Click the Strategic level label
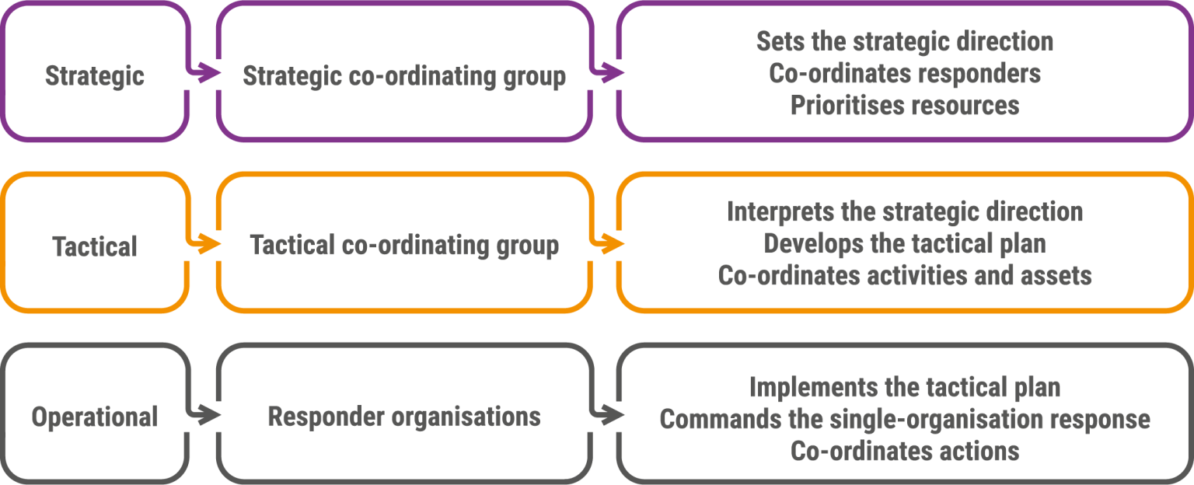pos(95,75)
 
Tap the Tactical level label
pos(95,246)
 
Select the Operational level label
pos(95,417)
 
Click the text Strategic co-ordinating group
pos(404,75)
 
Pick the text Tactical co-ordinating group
pos(404,245)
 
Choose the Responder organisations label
pos(404,417)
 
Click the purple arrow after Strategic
pos(203,72)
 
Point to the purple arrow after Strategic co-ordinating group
pos(606,72)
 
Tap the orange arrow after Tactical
pos(203,243)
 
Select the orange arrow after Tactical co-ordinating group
pos(606,243)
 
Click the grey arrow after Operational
pos(203,414)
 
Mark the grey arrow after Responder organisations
pos(606,414)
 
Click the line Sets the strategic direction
pos(905,41)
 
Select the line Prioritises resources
pos(905,105)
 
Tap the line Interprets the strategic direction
pos(905,212)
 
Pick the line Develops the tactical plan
pos(905,244)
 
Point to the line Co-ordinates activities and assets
pos(905,276)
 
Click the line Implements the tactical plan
pos(905,388)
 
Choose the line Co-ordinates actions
pos(905,451)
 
